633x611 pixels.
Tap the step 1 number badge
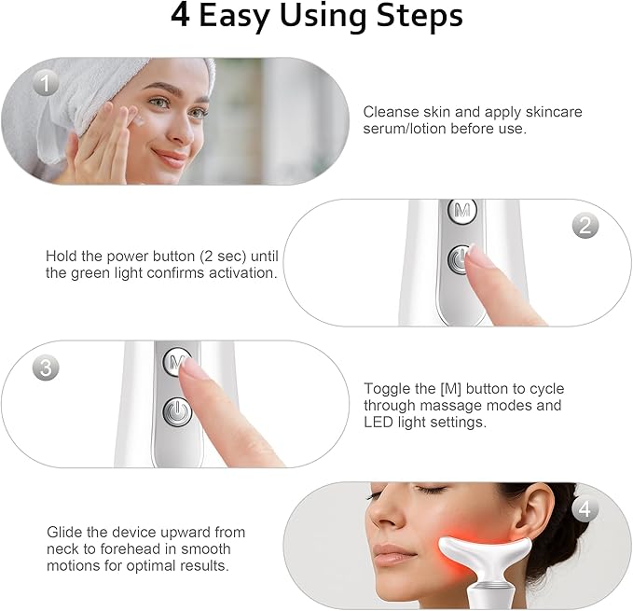(47, 84)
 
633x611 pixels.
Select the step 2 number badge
(585, 225)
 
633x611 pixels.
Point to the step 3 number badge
(47, 367)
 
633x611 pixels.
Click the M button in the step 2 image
(461, 212)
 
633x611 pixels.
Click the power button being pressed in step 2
(460, 259)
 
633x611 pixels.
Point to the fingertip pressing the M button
(192, 372)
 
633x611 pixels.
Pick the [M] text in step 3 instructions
(447, 389)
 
